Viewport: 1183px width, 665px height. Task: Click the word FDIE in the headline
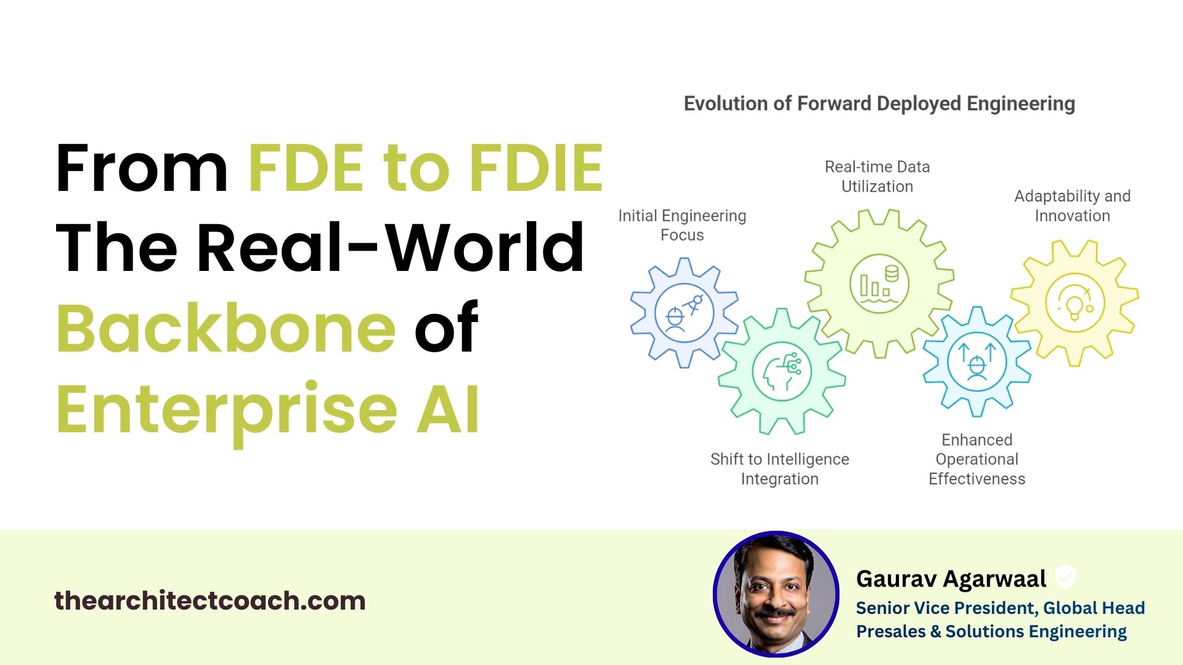[536, 167]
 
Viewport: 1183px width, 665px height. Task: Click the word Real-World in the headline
[390, 248]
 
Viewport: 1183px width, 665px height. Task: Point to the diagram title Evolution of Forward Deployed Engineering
[879, 104]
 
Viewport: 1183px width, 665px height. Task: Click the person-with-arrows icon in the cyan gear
[977, 362]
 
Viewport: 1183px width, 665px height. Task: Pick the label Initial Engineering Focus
[682, 225]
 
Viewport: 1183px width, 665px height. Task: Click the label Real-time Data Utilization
[877, 177]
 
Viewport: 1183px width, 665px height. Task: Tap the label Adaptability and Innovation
[1073, 206]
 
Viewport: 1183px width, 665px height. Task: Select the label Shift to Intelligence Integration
[780, 469]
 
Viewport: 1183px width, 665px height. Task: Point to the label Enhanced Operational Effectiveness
[977, 459]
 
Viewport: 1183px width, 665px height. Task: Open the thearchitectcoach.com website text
[210, 600]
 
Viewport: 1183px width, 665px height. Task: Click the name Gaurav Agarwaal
[951, 579]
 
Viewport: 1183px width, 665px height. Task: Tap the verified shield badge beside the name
[1065, 578]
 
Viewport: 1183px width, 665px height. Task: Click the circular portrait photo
[776, 594]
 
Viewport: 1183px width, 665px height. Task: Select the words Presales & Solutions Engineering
[991, 632]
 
